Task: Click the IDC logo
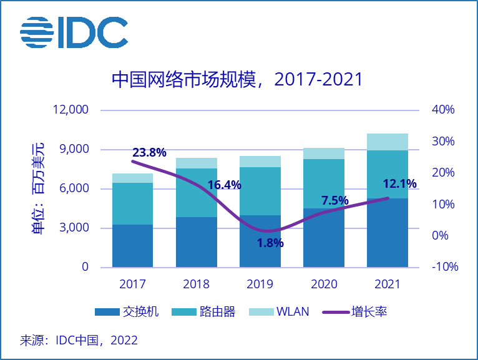pos(74,32)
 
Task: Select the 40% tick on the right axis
pos(443,110)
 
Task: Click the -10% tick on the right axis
pos(444,267)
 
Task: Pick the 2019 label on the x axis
pos(260,285)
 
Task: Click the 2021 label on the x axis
pos(388,285)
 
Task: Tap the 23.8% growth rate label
pos(149,152)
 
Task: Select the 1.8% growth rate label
pos(270,243)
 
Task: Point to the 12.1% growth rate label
pos(399,183)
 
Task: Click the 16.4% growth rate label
pos(224,185)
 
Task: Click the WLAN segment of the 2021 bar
pos(388,142)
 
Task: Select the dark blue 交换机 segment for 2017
pos(133,246)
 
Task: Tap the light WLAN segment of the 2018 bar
pos(197,163)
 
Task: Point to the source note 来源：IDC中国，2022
pos(79,341)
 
